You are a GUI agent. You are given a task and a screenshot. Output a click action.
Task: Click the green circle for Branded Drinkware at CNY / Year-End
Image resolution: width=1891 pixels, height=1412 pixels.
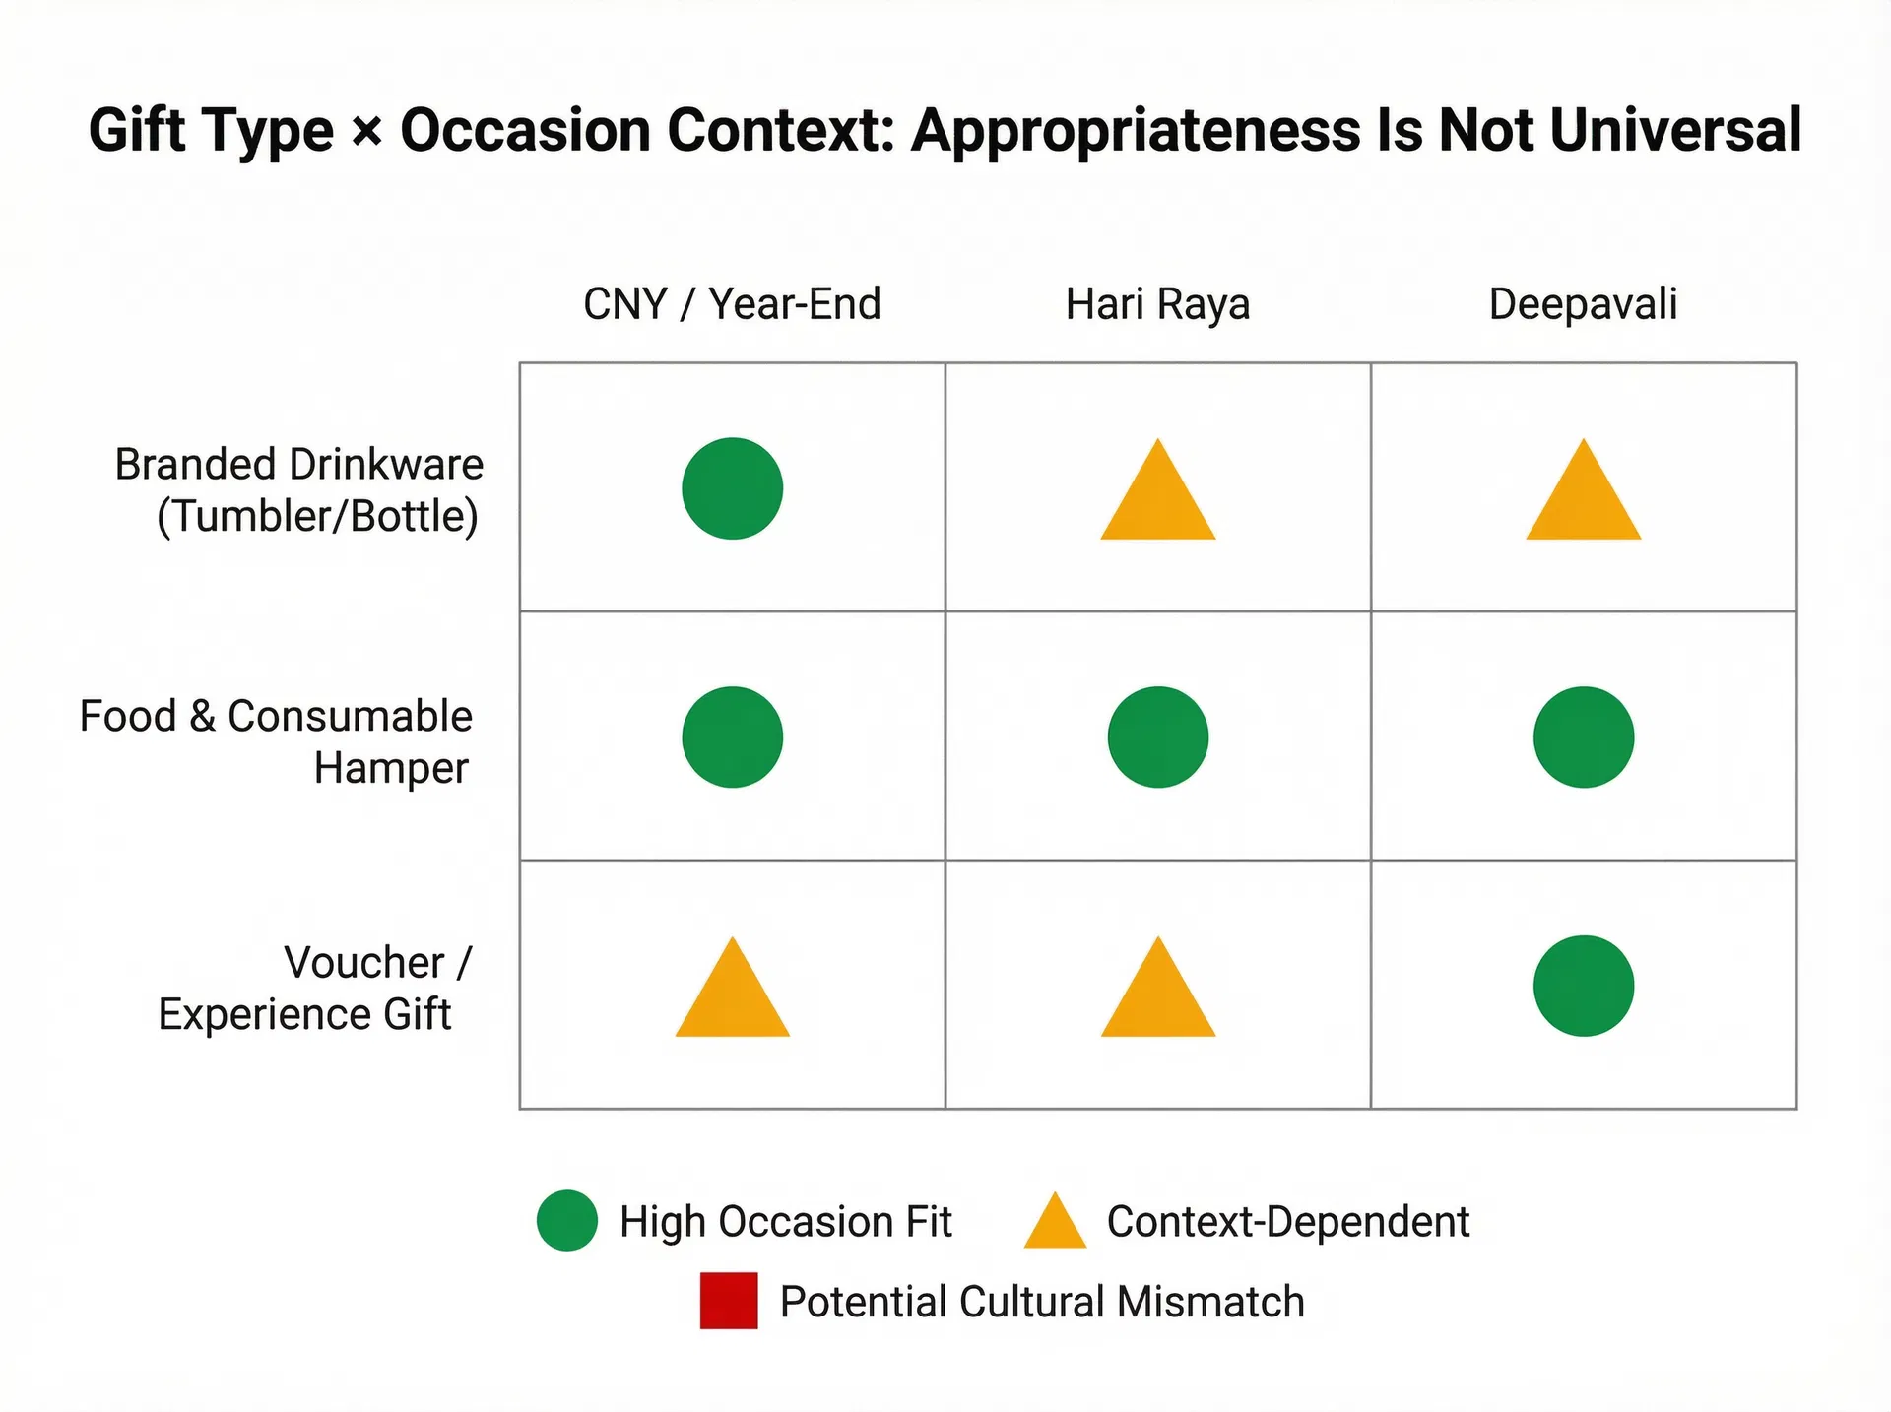[x=732, y=488]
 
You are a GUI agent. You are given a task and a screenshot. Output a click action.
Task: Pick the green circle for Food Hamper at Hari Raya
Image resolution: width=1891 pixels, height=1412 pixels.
[x=1157, y=737]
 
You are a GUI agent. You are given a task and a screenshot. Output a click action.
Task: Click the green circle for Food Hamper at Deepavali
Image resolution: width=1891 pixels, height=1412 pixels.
[x=1583, y=737]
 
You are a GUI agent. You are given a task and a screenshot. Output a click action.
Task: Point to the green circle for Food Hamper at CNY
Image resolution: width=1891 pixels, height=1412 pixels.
[x=732, y=737]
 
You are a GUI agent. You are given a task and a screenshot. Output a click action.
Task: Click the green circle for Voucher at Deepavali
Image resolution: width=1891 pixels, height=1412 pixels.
[x=1583, y=986]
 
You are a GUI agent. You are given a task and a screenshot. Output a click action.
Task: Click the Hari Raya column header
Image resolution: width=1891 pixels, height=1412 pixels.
[x=1157, y=304]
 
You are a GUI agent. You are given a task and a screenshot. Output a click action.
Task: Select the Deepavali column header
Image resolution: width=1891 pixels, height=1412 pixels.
[x=1583, y=304]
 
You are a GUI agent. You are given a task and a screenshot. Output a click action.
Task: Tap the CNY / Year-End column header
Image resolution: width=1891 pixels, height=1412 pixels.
[x=732, y=304]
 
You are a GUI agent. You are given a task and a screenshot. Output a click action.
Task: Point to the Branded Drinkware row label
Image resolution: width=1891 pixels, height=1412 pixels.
[x=299, y=490]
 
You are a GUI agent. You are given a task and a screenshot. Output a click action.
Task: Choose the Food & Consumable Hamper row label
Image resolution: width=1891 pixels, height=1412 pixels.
[x=277, y=741]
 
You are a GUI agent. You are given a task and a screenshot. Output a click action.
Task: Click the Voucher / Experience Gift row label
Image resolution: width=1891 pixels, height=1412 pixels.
[x=315, y=989]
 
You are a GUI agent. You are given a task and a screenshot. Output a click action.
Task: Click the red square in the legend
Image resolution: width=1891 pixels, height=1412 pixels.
[x=729, y=1301]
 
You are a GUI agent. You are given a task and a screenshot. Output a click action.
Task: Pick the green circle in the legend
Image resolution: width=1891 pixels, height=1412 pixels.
[x=567, y=1221]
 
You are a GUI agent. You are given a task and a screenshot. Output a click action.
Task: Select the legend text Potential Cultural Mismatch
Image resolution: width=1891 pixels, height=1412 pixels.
[x=1042, y=1302]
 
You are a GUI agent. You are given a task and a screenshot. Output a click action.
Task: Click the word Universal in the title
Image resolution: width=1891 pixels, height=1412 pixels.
[x=1675, y=130]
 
